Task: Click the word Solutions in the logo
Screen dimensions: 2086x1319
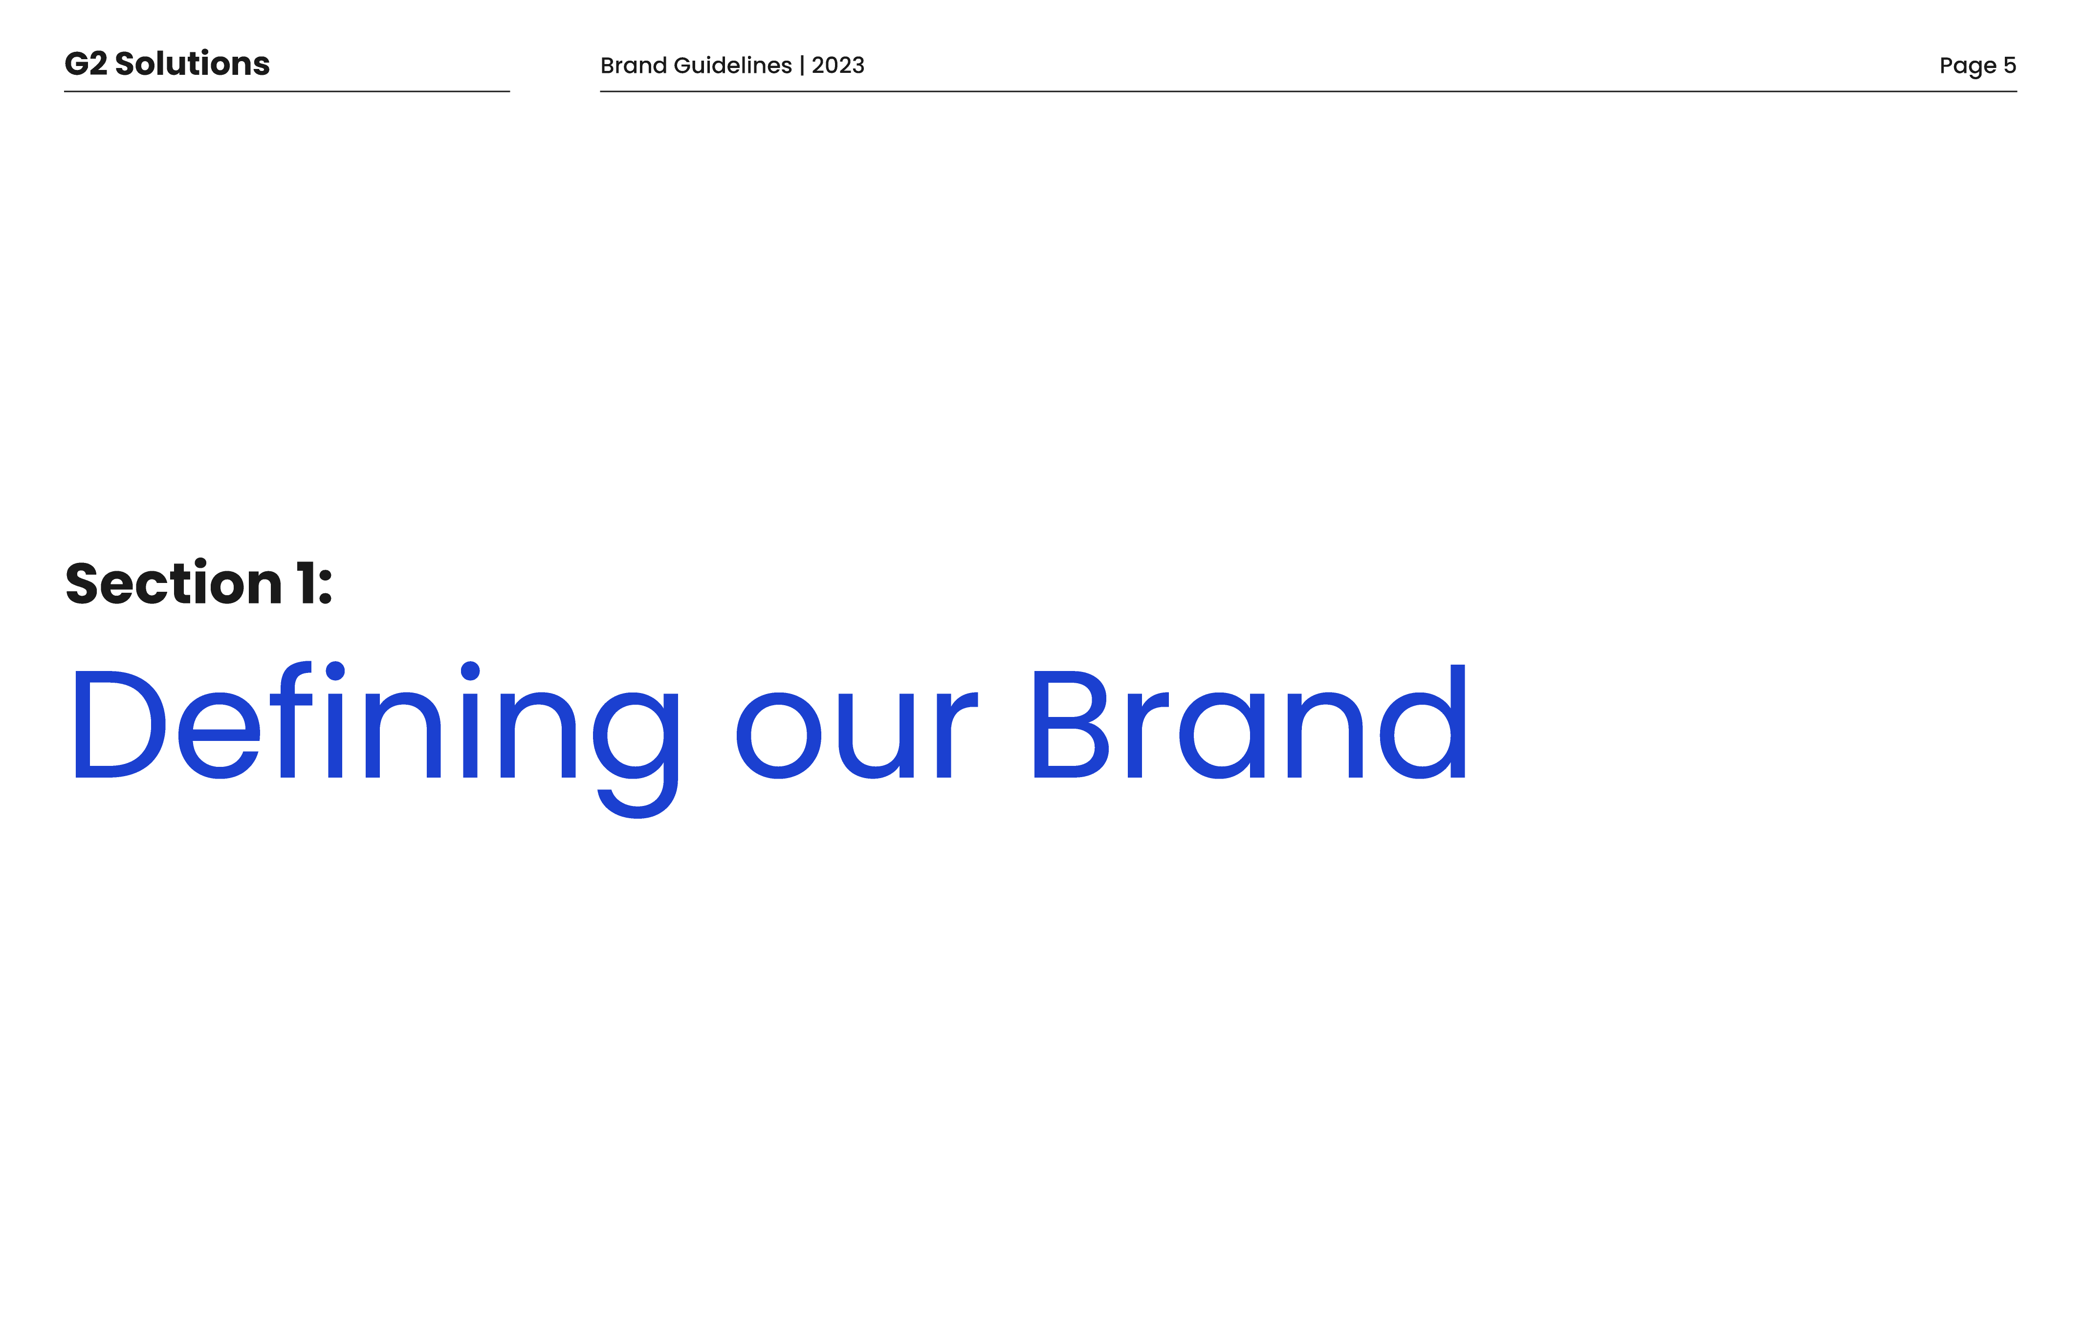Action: point(192,63)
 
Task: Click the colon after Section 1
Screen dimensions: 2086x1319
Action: point(326,587)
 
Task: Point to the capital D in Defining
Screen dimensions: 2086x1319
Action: point(120,724)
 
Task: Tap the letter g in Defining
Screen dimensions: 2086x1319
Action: point(636,754)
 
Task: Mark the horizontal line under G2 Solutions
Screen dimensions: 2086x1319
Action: point(287,91)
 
